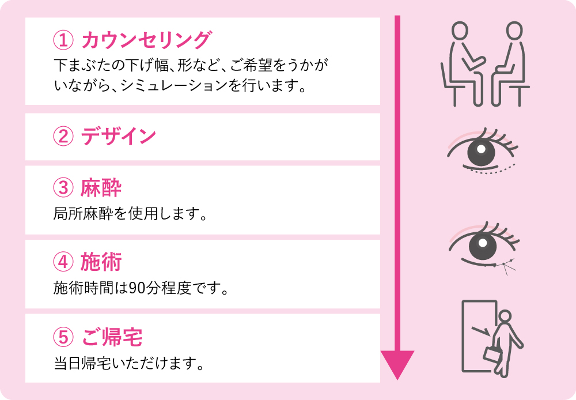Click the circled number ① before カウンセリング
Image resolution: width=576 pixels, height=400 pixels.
[x=63, y=40]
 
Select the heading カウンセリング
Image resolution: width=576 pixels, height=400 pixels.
[x=146, y=40]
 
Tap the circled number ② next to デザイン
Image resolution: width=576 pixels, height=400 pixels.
[x=63, y=137]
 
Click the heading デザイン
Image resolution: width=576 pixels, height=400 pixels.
[x=119, y=136]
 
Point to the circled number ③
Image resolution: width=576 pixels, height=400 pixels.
[x=63, y=187]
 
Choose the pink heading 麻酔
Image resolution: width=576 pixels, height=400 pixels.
[x=101, y=187]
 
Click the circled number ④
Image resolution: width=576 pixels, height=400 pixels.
[x=63, y=262]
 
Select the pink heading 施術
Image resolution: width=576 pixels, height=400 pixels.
[x=101, y=262]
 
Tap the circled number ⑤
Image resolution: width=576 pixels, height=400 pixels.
[x=63, y=337]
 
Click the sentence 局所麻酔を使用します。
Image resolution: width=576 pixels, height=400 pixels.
[x=130, y=214]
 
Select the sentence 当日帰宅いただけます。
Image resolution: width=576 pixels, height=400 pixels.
[x=129, y=363]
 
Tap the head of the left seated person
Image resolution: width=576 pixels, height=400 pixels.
[x=459, y=30]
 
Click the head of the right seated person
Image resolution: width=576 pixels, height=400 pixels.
[x=514, y=30]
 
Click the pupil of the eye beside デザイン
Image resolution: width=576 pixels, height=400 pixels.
[x=481, y=149]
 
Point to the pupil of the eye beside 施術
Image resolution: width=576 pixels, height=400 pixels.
[x=483, y=243]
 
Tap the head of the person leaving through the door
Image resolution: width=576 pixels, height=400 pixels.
[x=505, y=316]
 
